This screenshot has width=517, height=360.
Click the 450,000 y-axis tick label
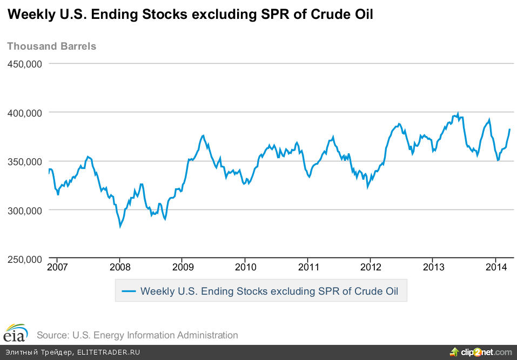coord(24,64)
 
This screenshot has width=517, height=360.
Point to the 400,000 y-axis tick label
coord(24,112)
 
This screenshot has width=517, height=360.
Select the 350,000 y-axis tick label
coord(24,161)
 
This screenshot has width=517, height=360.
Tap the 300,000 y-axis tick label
coord(24,210)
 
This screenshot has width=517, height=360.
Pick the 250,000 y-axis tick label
coord(24,259)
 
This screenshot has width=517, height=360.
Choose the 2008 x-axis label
coord(119,267)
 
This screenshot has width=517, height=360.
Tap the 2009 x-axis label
coord(182,267)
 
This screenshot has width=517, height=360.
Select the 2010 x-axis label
coord(245,267)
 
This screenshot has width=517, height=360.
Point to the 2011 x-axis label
coord(307,267)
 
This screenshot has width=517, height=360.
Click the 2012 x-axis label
coord(370,267)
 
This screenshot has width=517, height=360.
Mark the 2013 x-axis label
coord(433,267)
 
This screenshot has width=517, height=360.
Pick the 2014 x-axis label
coord(495,267)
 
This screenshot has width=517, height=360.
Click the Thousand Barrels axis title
coord(51,46)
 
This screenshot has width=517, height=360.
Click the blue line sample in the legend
coord(129,291)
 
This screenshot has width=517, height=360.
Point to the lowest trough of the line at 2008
coord(120,226)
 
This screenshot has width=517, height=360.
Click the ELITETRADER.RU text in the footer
coord(109,352)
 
